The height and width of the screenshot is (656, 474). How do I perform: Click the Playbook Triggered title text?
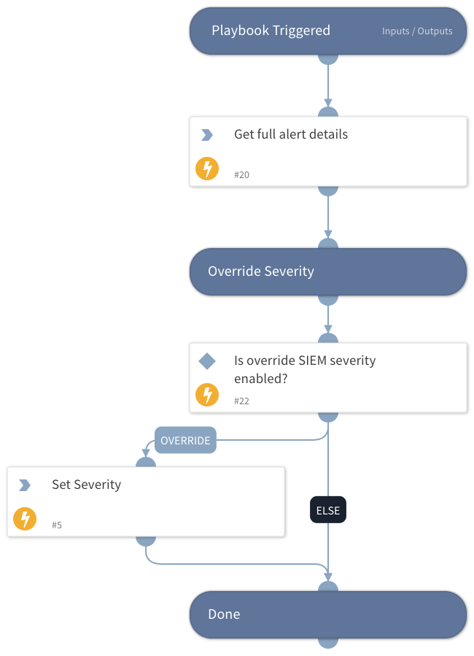[271, 31]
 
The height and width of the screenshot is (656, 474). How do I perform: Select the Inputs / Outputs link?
[417, 31]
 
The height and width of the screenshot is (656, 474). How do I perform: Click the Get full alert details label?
[291, 134]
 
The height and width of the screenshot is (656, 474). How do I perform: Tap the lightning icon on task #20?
[207, 169]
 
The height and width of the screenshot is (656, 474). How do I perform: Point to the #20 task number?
[242, 175]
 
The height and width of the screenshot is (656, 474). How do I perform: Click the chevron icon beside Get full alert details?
[207, 135]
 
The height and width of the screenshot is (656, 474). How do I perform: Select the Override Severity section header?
[261, 271]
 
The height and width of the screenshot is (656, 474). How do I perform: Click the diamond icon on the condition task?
[207, 361]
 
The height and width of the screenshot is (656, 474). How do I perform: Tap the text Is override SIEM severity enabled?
[305, 369]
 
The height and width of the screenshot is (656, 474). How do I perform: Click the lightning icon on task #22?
[207, 395]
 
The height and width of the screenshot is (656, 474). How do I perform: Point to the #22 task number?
[242, 401]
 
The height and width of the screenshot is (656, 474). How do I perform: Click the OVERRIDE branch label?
[185, 441]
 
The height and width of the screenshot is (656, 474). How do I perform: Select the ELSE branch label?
[328, 511]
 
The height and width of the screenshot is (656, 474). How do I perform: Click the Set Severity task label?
[86, 485]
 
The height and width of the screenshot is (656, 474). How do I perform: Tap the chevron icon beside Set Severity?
[25, 485]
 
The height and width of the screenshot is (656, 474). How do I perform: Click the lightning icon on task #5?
[25, 520]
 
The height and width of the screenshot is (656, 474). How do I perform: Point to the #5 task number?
[58, 525]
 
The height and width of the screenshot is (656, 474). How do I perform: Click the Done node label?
[224, 614]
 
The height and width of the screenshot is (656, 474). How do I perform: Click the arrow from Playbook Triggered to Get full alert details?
[328, 84]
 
